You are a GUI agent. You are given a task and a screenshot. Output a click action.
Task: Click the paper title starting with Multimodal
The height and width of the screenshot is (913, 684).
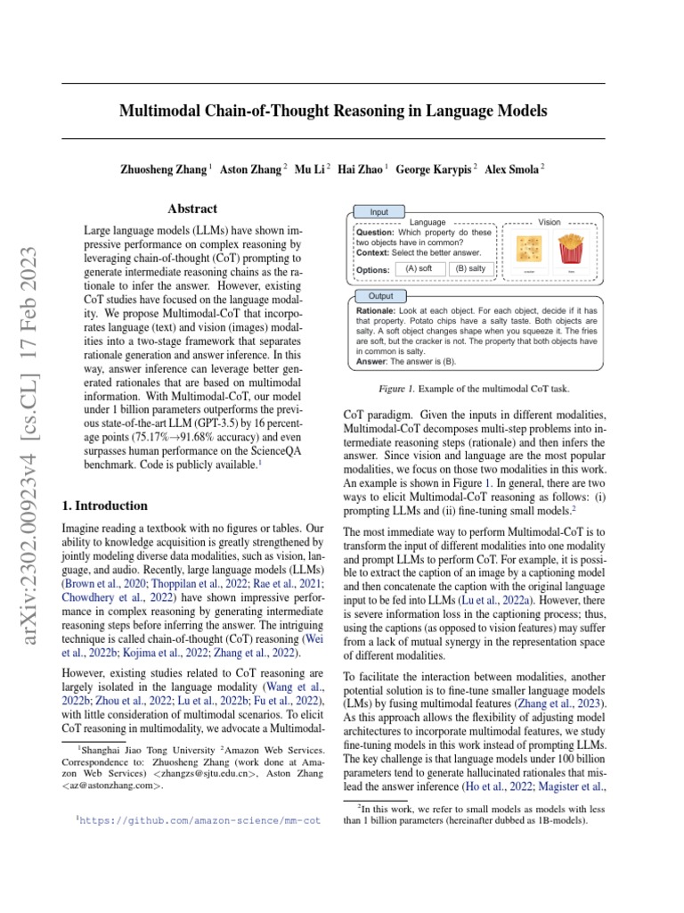click(333, 111)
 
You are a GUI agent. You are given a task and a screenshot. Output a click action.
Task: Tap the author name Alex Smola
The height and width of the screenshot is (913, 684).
click(514, 169)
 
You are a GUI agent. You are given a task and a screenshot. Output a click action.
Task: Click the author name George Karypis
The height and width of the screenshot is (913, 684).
click(435, 169)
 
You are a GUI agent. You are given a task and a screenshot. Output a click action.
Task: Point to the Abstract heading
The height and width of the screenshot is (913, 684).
click(192, 209)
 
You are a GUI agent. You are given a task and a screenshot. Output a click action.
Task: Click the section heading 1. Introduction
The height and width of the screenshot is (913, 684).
click(105, 506)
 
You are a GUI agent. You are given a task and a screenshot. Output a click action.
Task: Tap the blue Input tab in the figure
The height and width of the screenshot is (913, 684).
click(379, 212)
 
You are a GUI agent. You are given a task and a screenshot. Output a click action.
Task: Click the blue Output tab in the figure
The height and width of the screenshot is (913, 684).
click(380, 296)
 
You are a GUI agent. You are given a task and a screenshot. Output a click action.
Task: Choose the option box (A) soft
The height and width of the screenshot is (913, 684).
click(419, 267)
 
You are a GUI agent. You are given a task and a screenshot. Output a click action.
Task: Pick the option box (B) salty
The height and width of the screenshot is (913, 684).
click(470, 267)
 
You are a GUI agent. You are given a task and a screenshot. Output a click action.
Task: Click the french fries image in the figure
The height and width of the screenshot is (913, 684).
click(570, 248)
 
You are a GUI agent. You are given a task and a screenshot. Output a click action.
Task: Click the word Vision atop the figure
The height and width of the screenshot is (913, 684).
click(550, 221)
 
